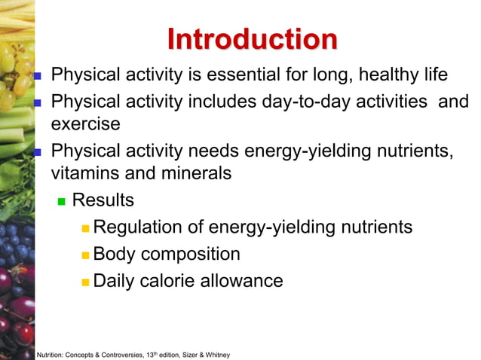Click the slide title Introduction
[x=252, y=39]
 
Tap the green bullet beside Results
[x=63, y=202]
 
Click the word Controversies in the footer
[x=124, y=354]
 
